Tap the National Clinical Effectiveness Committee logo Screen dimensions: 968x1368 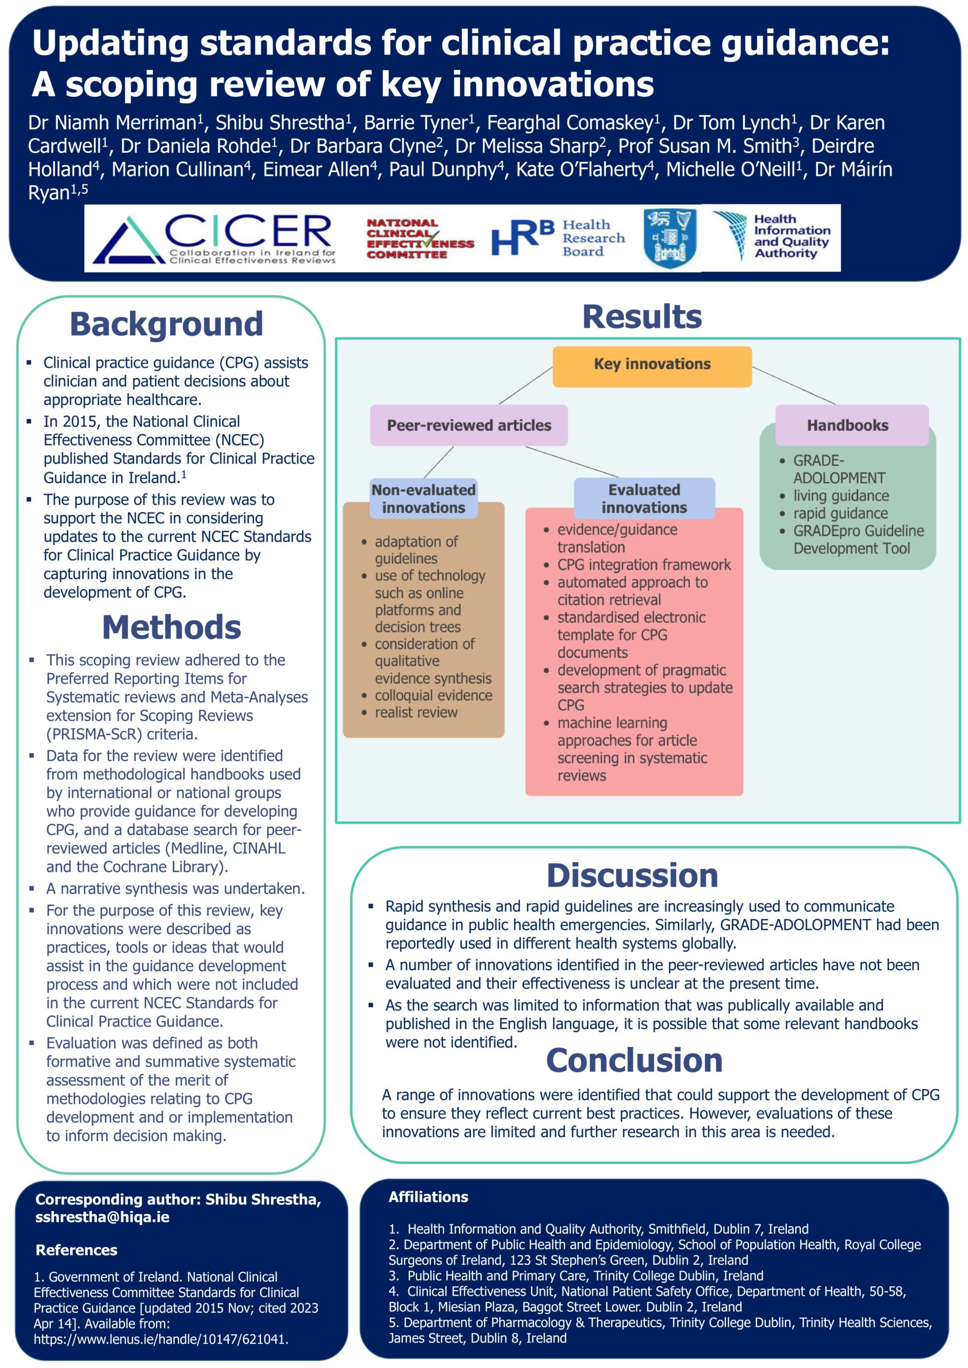pos(420,238)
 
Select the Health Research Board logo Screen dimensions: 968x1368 pos(558,238)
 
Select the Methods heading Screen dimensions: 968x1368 pos(172,627)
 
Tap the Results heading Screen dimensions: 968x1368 pos(642,316)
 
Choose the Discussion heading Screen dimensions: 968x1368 pos(632,875)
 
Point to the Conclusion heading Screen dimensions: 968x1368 pos(634,1060)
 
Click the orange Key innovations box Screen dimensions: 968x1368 pos(652,367)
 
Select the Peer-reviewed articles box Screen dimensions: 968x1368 pos(469,425)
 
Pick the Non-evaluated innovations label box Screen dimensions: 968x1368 pos(423,499)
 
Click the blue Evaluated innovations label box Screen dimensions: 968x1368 pos(644,499)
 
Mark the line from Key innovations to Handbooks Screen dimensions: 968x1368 pos(794,385)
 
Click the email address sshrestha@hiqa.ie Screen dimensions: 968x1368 pos(103,1217)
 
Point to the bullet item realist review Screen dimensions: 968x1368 pos(416,712)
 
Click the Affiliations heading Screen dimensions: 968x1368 pos(429,1197)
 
